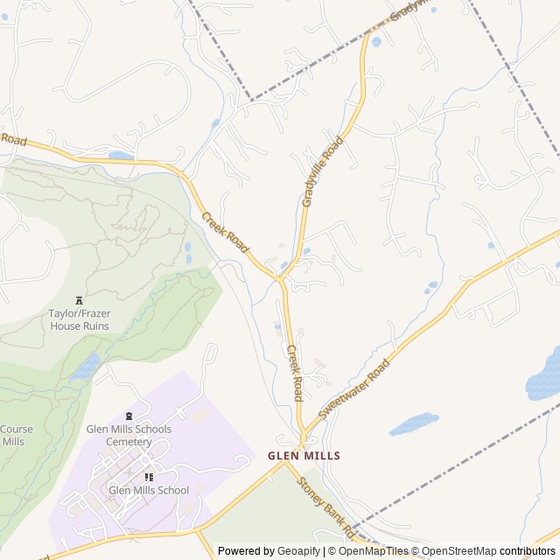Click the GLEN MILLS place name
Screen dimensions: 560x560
tap(304, 456)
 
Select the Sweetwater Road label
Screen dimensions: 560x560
tap(353, 388)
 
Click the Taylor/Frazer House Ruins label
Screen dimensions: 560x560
tap(79, 319)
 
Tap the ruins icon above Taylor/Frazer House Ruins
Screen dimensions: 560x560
tap(80, 299)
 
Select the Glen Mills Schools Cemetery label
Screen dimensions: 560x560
tap(129, 436)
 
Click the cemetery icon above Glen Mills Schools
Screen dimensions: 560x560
tap(129, 416)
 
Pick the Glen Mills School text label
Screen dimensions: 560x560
tap(149, 490)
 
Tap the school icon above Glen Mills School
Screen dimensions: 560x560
tap(149, 477)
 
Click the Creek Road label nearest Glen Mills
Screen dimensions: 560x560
tap(295, 372)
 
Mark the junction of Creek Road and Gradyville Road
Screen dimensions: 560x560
tap(281, 280)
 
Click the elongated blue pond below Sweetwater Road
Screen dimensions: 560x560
tap(413, 423)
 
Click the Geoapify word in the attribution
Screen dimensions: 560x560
tap(299, 551)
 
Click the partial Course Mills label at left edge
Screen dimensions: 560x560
tap(15, 436)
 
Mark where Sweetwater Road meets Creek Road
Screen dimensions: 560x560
tap(304, 435)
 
